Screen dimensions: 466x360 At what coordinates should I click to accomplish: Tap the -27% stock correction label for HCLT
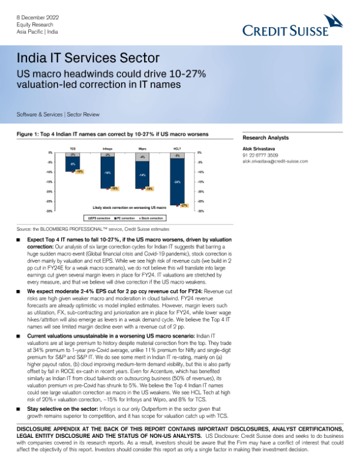[184, 205]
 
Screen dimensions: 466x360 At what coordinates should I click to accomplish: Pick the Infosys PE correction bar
[107, 173]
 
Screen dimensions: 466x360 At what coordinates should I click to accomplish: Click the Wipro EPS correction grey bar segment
[142, 157]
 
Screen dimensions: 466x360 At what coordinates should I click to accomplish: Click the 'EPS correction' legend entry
[100, 217]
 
